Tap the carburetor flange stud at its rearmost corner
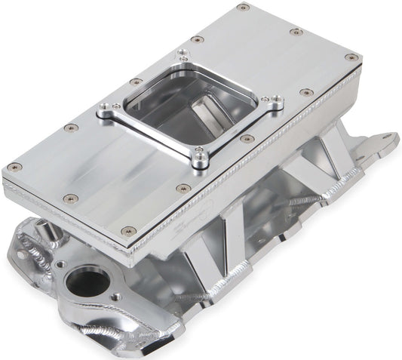pyautogui.click(x=183, y=54)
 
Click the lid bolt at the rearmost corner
pyautogui.click(x=243, y=8)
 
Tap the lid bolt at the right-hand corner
pyautogui.click(x=351, y=57)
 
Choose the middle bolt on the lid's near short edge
pyautogui.click(x=69, y=198)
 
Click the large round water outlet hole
pyautogui.click(x=87, y=282)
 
